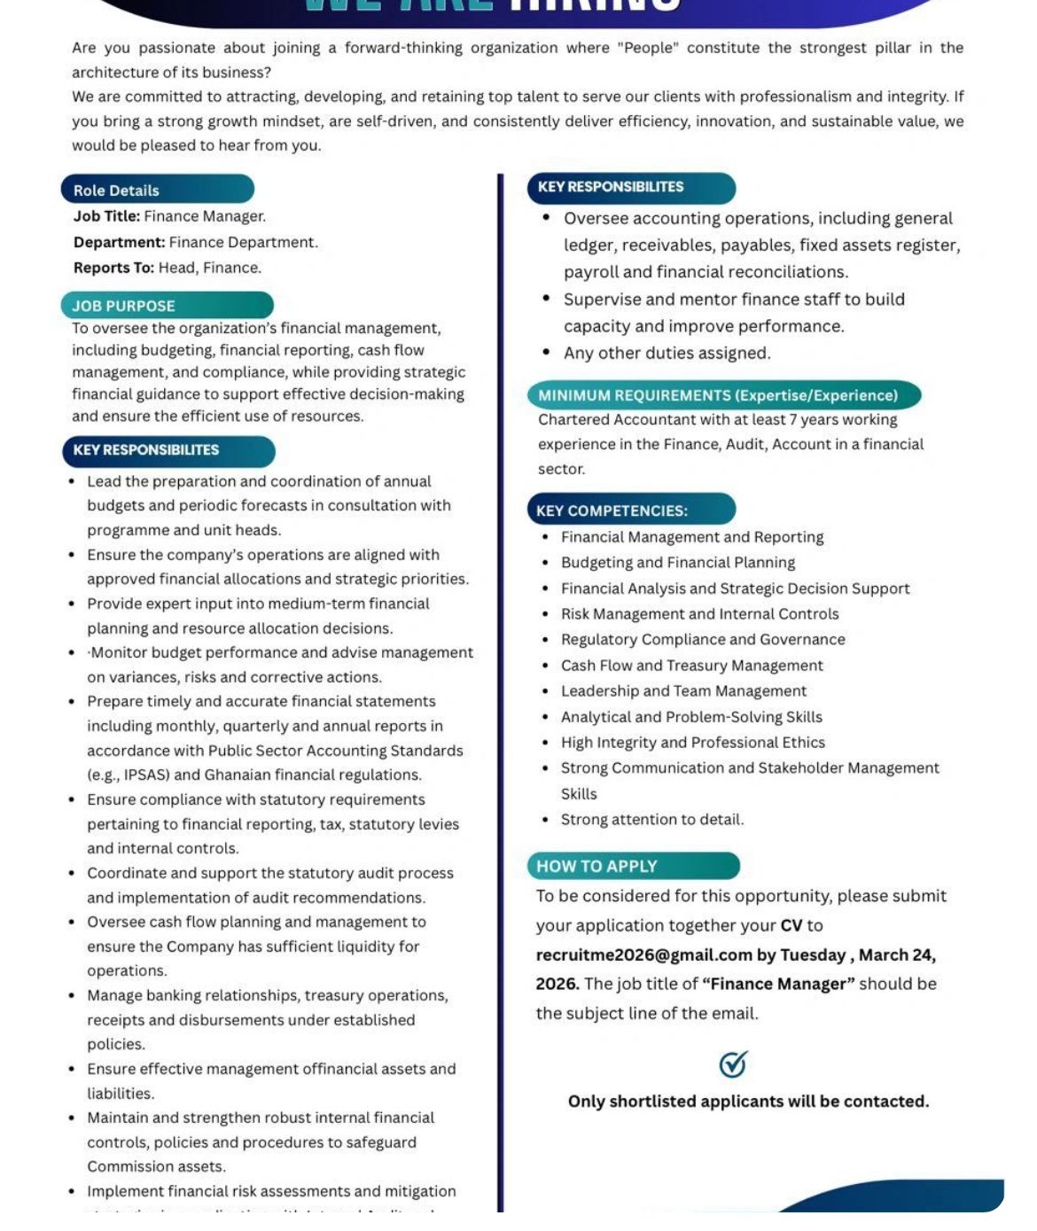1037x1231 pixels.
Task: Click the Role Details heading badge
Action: point(157,190)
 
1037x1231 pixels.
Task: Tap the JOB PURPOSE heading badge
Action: point(167,306)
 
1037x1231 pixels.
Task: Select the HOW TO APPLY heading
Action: point(633,866)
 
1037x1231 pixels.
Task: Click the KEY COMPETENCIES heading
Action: point(631,510)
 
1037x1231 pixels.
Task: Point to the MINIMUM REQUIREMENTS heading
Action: point(723,395)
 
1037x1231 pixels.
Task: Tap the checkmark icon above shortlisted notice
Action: point(733,1063)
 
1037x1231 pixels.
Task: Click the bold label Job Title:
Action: point(106,216)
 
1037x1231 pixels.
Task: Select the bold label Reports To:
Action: point(113,268)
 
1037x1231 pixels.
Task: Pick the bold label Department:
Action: point(119,242)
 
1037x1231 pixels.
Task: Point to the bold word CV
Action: point(791,925)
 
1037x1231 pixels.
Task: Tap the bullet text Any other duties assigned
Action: point(667,353)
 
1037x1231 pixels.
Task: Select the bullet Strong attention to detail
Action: point(651,819)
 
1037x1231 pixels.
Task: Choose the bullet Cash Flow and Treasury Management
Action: point(691,665)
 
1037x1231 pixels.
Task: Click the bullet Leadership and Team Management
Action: point(683,690)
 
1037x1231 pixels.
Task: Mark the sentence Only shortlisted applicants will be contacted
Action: point(748,1101)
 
